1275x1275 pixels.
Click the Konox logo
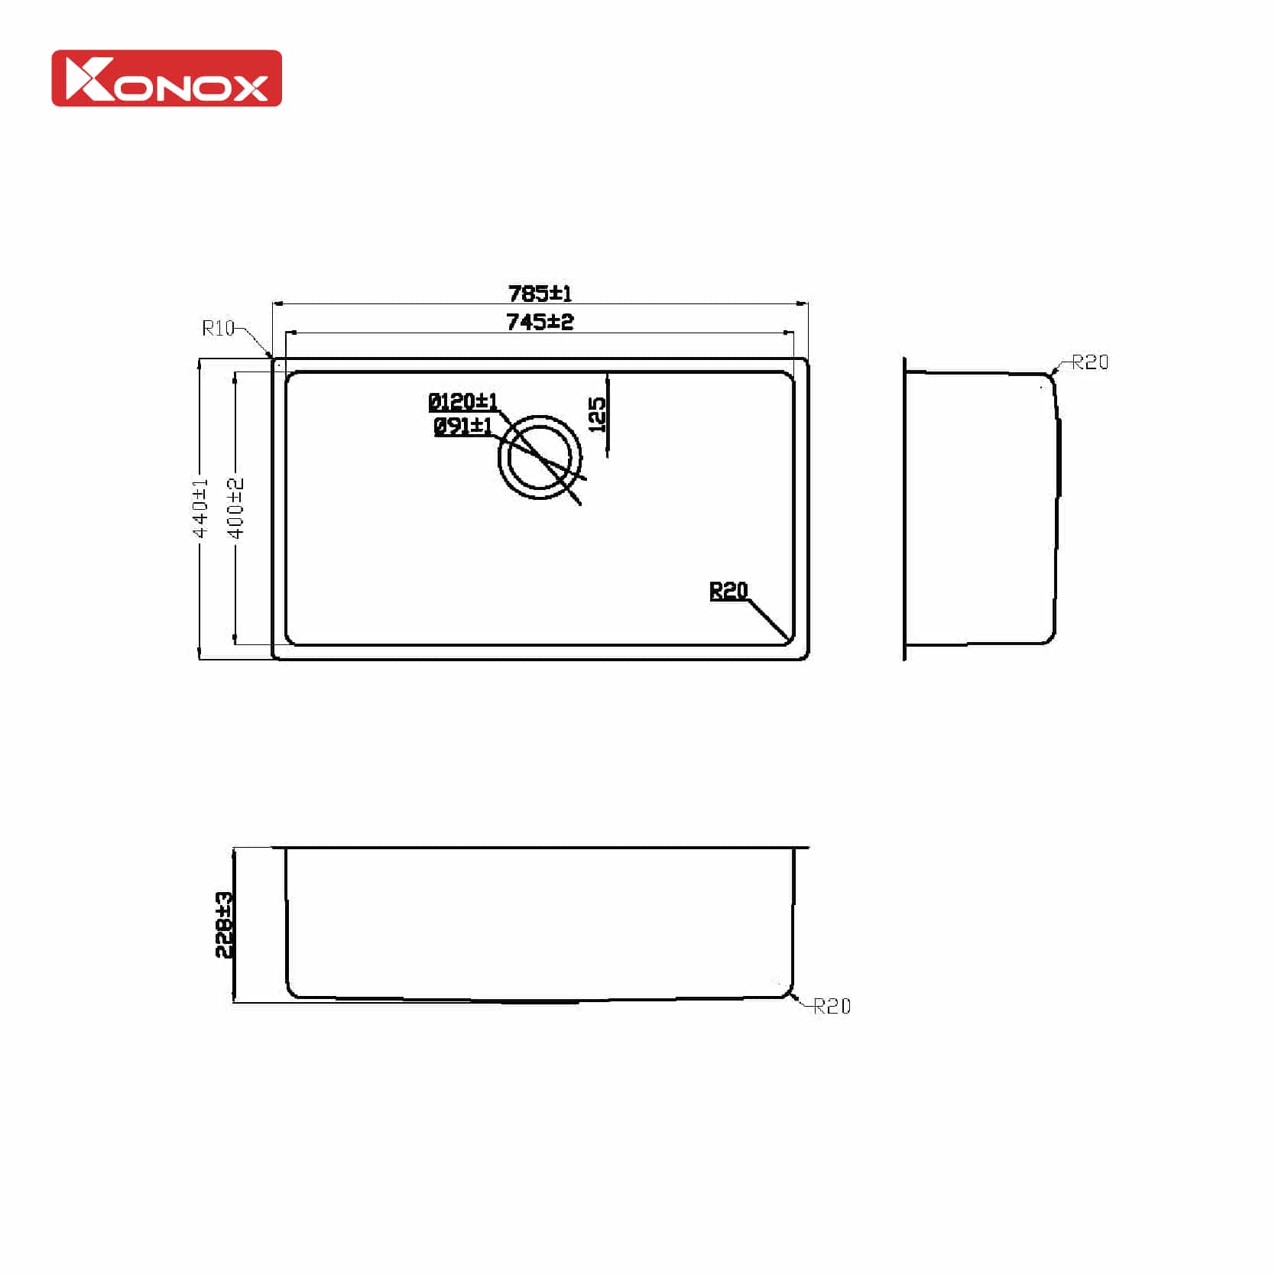167,78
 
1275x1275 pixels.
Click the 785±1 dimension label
540,293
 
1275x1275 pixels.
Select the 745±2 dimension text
540,322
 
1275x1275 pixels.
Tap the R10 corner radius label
218,328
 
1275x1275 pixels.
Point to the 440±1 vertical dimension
200,508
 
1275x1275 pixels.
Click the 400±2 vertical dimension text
235,508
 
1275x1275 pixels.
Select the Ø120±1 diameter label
462,401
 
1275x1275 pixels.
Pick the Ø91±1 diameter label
463,426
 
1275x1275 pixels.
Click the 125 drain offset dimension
597,414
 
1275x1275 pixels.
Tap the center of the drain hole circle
540,457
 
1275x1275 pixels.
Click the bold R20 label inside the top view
728,590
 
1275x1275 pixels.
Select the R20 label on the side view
1089,362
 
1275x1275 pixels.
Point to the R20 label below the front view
832,1006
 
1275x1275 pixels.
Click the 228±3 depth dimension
224,924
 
